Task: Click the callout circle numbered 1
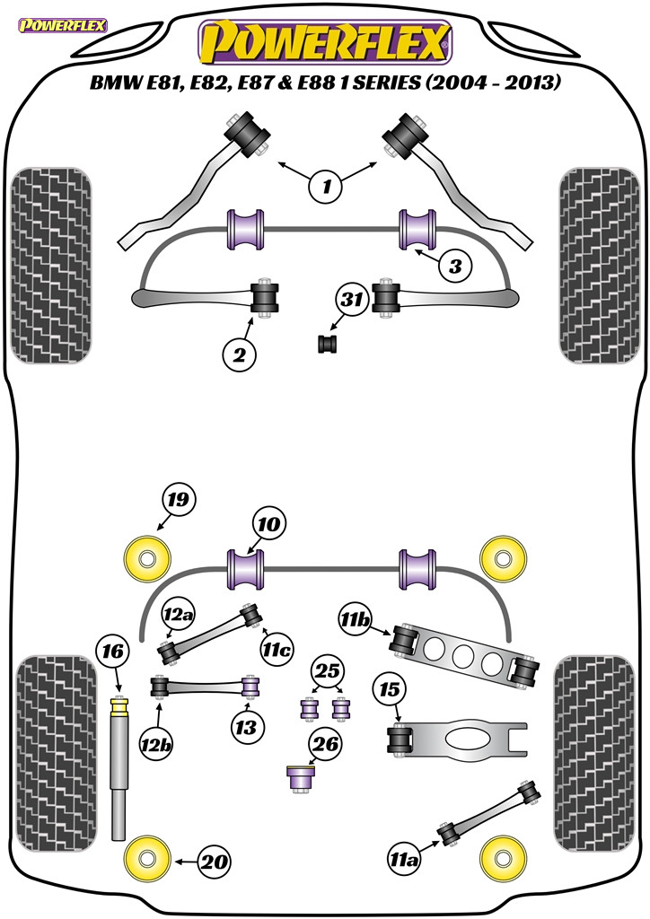(327, 187)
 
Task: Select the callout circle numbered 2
(240, 355)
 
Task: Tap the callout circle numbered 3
(455, 266)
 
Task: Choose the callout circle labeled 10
(269, 523)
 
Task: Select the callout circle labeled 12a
(176, 615)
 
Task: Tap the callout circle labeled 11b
(356, 620)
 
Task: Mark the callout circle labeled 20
(215, 862)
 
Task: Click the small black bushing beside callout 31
(328, 343)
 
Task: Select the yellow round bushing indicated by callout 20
(148, 860)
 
